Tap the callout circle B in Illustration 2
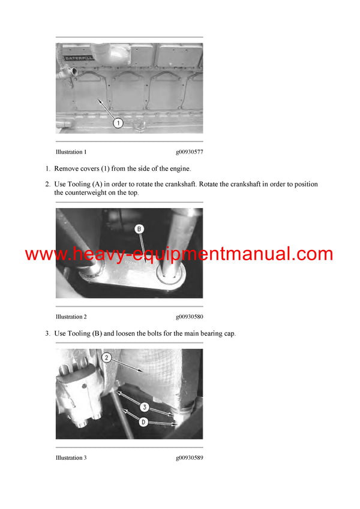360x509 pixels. [x=139, y=228]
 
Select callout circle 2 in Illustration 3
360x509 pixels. [x=106, y=358]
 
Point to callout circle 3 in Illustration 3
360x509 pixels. [x=144, y=407]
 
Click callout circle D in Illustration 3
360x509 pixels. [x=144, y=421]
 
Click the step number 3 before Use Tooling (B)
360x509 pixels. [x=47, y=333]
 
